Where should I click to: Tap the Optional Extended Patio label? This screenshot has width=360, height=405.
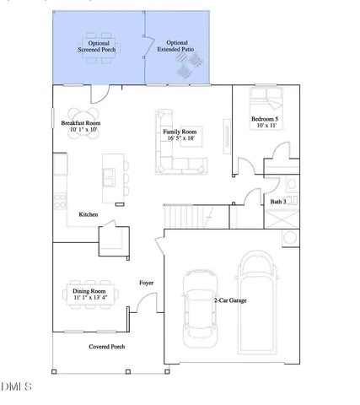[177, 47]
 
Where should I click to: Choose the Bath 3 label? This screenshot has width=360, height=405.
[277, 202]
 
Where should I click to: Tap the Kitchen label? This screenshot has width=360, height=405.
[89, 215]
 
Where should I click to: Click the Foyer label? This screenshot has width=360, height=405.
[146, 283]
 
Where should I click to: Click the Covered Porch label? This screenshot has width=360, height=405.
[107, 347]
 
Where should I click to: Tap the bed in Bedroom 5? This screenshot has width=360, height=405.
[269, 98]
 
